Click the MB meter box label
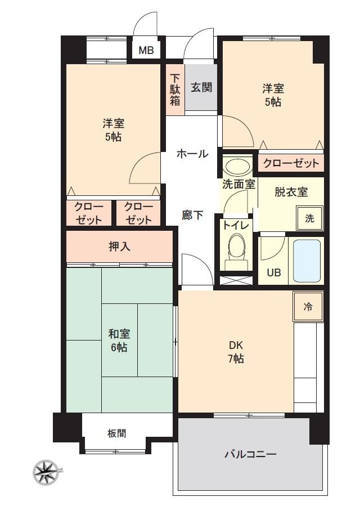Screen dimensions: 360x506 click(146, 50)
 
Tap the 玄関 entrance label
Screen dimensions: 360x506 click(201, 87)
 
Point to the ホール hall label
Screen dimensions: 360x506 click(192, 154)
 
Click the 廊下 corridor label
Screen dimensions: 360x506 click(192, 215)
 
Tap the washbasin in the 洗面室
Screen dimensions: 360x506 click(238, 167)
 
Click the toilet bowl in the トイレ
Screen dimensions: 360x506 click(237, 250)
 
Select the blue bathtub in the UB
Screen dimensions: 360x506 click(307, 261)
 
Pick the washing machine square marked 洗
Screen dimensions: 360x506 click(310, 218)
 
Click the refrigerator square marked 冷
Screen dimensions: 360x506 click(308, 307)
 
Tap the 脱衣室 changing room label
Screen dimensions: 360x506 click(291, 192)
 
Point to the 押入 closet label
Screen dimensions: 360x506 click(119, 247)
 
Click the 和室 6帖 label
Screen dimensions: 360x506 click(119, 341)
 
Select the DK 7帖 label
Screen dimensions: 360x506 click(236, 352)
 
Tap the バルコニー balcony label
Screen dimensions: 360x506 click(250, 454)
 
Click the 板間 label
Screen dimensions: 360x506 click(117, 433)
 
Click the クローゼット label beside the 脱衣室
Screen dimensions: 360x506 click(291, 163)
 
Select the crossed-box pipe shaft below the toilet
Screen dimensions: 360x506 click(236, 280)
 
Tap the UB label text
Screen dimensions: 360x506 click(273, 272)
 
